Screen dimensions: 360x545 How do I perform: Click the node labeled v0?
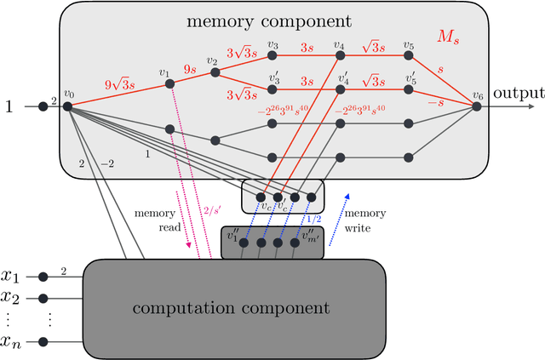(67, 106)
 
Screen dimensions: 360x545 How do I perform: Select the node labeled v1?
(169, 83)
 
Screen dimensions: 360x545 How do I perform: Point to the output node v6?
(477, 106)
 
